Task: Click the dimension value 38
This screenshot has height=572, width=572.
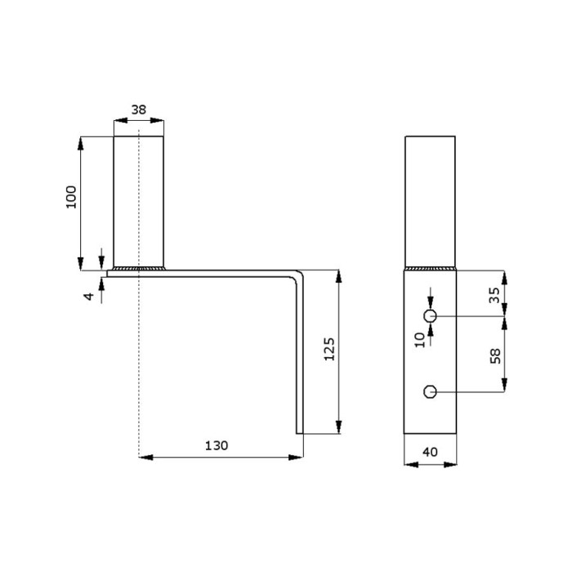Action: pyautogui.click(x=139, y=109)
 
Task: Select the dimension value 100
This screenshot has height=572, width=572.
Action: pyautogui.click(x=71, y=197)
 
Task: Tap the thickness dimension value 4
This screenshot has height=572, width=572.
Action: pyautogui.click(x=89, y=296)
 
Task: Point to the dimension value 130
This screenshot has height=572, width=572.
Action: pyautogui.click(x=217, y=445)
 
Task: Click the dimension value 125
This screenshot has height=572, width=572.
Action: pyautogui.click(x=329, y=349)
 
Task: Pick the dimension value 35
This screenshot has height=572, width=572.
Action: pyautogui.click(x=494, y=295)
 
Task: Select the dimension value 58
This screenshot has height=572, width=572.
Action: pyautogui.click(x=495, y=356)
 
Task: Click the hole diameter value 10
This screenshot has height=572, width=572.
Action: pyautogui.click(x=420, y=340)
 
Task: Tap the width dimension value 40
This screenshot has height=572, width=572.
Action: pyautogui.click(x=430, y=452)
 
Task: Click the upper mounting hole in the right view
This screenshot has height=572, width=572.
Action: pyautogui.click(x=430, y=316)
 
